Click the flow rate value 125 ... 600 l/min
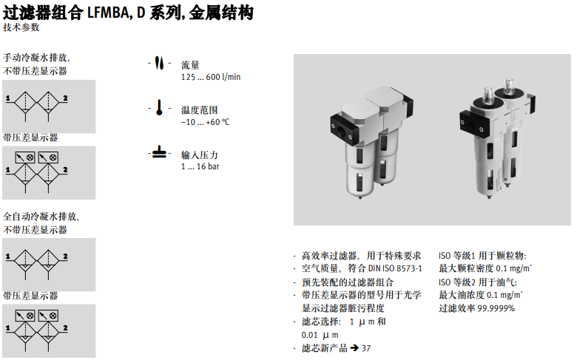(211, 77)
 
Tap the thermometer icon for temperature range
(159, 107)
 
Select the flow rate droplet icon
(159, 63)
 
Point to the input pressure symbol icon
(159, 152)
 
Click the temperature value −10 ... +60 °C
(206, 122)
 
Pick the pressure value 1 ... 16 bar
(200, 166)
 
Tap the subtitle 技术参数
(21, 27)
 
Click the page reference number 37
(366, 348)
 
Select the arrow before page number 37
(354, 347)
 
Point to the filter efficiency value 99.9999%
(496, 308)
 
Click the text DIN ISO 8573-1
(395, 268)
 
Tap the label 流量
(190, 65)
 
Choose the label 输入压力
(200, 154)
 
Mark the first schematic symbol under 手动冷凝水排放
(37, 106)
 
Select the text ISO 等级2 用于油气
(478, 282)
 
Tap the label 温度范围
(200, 110)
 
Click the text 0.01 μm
(320, 335)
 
